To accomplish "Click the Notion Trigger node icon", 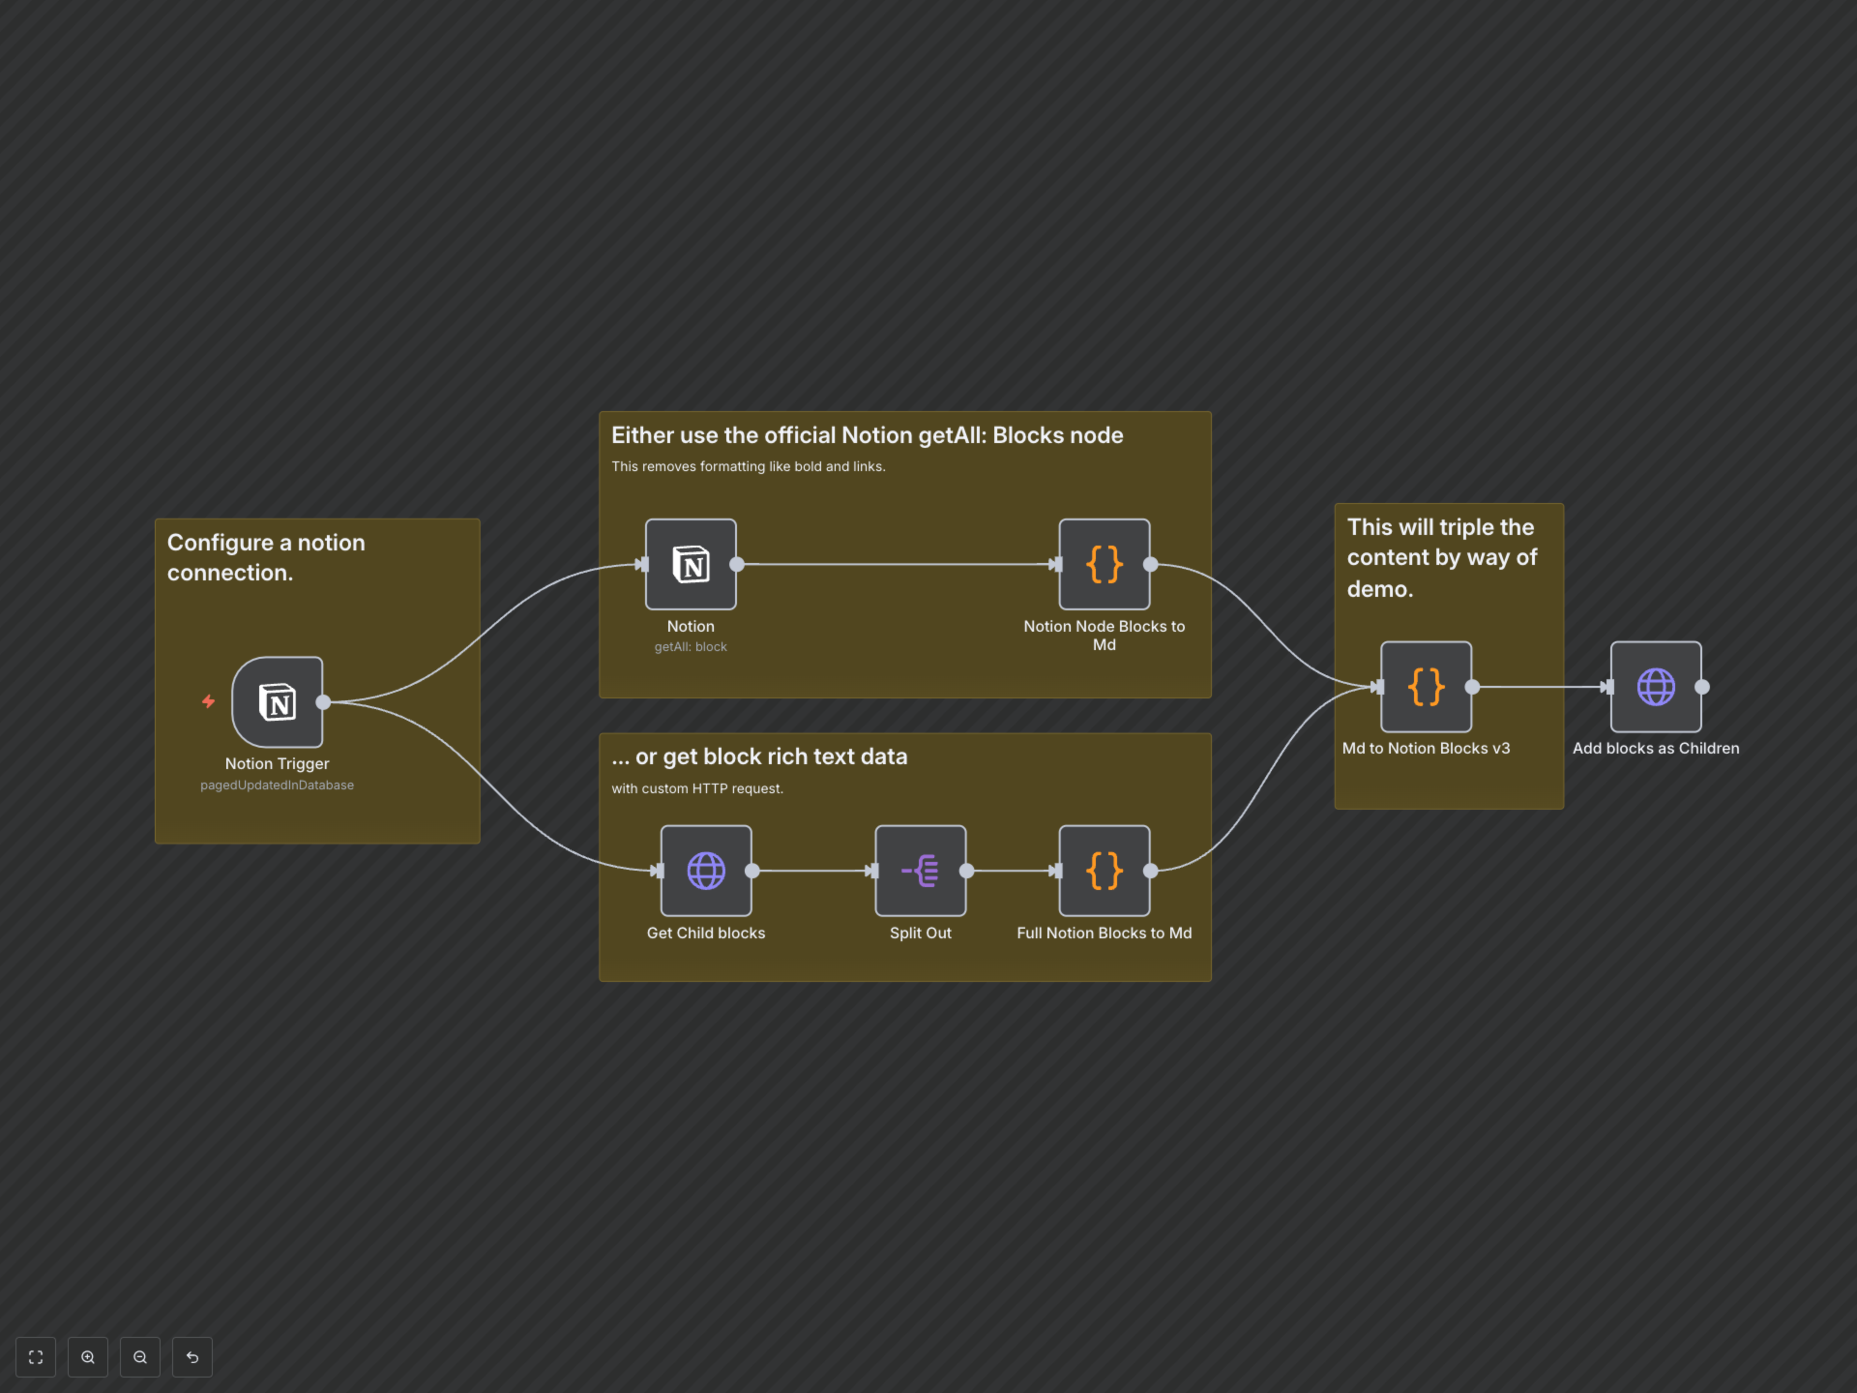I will [277, 702].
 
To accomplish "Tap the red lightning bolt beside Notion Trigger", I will [208, 701].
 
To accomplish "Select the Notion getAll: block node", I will [690, 564].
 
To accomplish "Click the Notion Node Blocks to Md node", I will [1104, 564].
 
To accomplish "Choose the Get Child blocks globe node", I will [705, 871].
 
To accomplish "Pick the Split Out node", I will [920, 871].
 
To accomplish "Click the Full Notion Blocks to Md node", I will [1104, 871].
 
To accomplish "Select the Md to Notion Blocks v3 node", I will [1426, 687].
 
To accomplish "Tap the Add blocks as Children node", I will [1655, 687].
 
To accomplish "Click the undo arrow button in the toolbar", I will [192, 1357].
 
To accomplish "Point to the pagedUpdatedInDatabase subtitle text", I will [277, 785].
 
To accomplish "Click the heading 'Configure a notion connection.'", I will [266, 558].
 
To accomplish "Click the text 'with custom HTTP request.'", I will [697, 788].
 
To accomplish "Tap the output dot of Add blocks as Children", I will [1702, 687].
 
